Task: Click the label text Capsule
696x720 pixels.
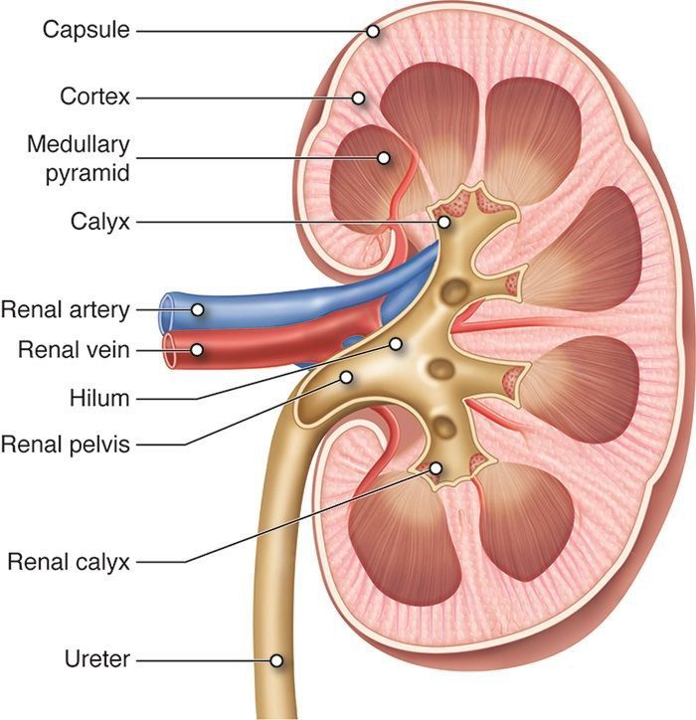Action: [86, 30]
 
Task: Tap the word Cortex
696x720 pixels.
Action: [94, 97]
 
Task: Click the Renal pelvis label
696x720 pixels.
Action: [66, 444]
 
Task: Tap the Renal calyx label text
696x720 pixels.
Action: [69, 562]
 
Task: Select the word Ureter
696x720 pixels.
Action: [98, 658]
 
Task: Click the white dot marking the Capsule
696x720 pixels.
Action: [373, 31]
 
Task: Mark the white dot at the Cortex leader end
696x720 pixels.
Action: [359, 97]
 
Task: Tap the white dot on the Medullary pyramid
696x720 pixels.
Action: [383, 157]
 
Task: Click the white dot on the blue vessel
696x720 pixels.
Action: [198, 309]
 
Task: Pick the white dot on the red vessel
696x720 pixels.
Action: [198, 350]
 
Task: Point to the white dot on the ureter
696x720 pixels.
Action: [276, 658]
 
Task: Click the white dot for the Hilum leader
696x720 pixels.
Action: [396, 344]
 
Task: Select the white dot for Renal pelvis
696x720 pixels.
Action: [347, 377]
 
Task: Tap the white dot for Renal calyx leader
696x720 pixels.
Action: [436, 466]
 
